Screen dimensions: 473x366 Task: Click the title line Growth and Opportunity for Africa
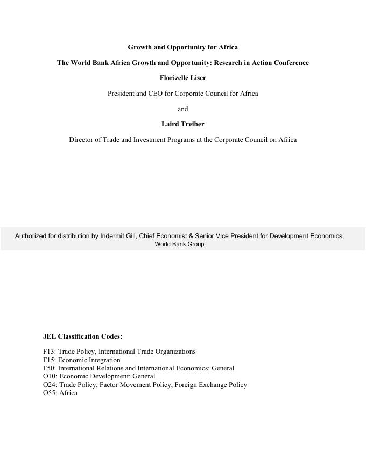pos(182,47)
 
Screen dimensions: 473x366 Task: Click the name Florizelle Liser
pos(182,78)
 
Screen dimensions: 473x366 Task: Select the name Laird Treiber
pos(182,124)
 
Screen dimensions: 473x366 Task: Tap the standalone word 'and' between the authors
pos(182,109)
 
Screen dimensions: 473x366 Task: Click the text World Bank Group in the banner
pos(179,244)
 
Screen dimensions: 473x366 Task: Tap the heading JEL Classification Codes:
pos(82,336)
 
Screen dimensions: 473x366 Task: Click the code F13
pos(49,352)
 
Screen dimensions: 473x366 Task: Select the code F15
pos(49,360)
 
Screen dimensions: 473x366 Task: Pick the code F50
pos(49,368)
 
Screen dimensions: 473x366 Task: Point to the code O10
pos(50,376)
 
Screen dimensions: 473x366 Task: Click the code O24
pos(50,385)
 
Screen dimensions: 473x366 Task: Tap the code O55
pos(50,393)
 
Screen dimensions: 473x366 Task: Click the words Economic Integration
pos(89,360)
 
